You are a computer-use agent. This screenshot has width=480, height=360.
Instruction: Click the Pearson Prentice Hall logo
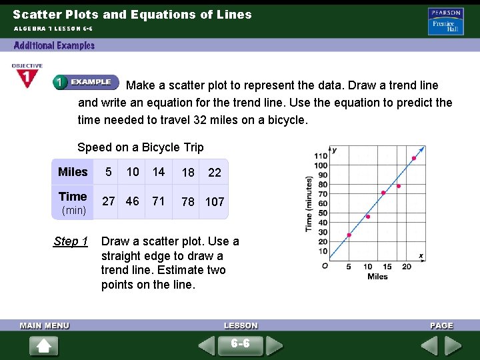pos(446,21)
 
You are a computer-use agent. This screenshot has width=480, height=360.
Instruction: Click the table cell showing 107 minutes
pos(215,201)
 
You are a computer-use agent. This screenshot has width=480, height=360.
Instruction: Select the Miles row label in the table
pos(73,172)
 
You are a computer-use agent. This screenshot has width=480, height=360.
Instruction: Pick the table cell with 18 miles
pos(189,173)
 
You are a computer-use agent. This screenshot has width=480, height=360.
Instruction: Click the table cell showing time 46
pos(133,201)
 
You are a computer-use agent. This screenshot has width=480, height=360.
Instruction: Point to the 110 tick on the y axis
pos(321,156)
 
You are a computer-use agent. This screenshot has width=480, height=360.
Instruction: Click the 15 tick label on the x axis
pos(387,267)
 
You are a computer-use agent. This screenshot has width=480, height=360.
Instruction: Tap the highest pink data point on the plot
pos(414,158)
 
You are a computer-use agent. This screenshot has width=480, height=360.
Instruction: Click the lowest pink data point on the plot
pos(349,235)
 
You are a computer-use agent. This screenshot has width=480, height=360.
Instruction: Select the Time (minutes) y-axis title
pos(309,204)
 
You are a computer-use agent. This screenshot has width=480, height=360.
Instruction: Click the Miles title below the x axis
pos(377,277)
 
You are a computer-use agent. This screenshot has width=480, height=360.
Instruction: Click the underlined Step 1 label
pos(71,241)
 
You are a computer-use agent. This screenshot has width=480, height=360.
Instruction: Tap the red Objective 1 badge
pos(26,77)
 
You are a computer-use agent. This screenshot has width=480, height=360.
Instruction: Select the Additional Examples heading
pos(55,45)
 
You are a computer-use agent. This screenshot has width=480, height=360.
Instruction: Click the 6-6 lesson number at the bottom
pos(240,343)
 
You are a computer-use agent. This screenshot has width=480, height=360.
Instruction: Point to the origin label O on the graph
pos(324,265)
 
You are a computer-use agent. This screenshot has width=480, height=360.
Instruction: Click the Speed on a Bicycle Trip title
pos(141,147)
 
